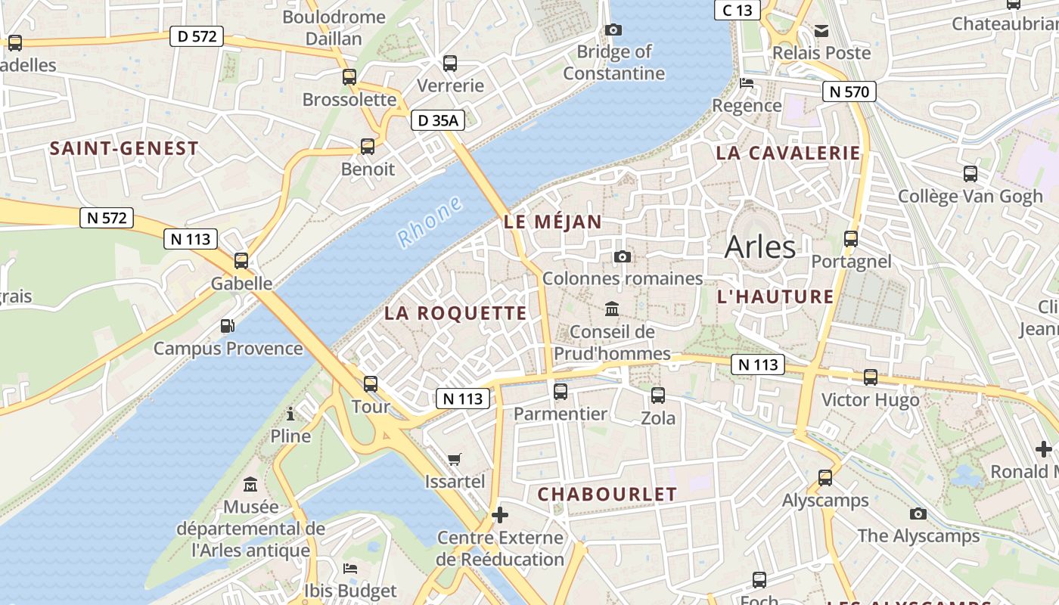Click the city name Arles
pos(760,247)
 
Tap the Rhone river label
pos(430,221)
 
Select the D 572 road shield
pos(197,36)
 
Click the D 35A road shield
pos(438,119)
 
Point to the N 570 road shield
pos(849,92)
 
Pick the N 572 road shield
pos(107,218)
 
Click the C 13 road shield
pos(737,10)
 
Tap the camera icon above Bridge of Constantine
pos(613,30)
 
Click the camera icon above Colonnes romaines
pos(623,257)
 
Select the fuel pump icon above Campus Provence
pos(228,326)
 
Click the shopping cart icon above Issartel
pos(455,459)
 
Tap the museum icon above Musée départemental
pos(250,484)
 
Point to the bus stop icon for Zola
pos(658,395)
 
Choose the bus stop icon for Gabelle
pos(241,261)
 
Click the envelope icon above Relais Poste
pos(821,31)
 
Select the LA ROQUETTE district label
pos(455,313)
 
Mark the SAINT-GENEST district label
pos(124,148)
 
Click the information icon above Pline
pos(290,414)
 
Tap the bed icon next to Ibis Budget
pos(349,568)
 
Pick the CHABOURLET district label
pos(607,495)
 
